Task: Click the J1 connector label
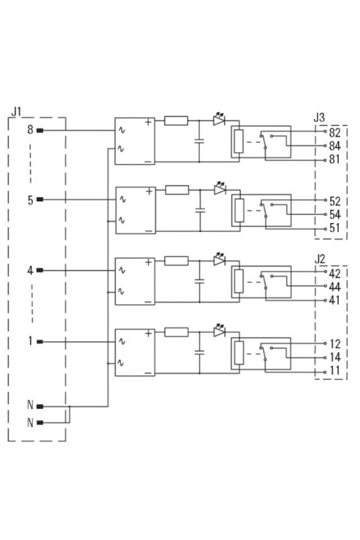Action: [x=16, y=111]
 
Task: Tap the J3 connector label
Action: [x=319, y=118]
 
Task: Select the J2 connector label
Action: [x=319, y=259]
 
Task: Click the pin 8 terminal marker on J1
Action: [x=40, y=130]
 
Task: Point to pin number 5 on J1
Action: [x=31, y=200]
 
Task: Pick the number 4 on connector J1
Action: [x=30, y=271]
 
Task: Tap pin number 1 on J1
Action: [x=30, y=341]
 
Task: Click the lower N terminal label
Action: [x=30, y=422]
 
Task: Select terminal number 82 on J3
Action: [x=334, y=132]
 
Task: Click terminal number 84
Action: [x=334, y=146]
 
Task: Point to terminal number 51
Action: [x=334, y=228]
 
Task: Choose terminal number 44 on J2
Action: [x=334, y=287]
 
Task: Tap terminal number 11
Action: [x=334, y=371]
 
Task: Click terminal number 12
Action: [x=335, y=344]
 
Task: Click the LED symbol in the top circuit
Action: [x=219, y=119]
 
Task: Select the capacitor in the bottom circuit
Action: [x=199, y=352]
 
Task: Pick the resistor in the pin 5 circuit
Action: [x=177, y=190]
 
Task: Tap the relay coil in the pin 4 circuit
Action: [x=239, y=282]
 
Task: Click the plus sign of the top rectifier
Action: [x=148, y=122]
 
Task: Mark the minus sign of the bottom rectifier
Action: [x=148, y=373]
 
